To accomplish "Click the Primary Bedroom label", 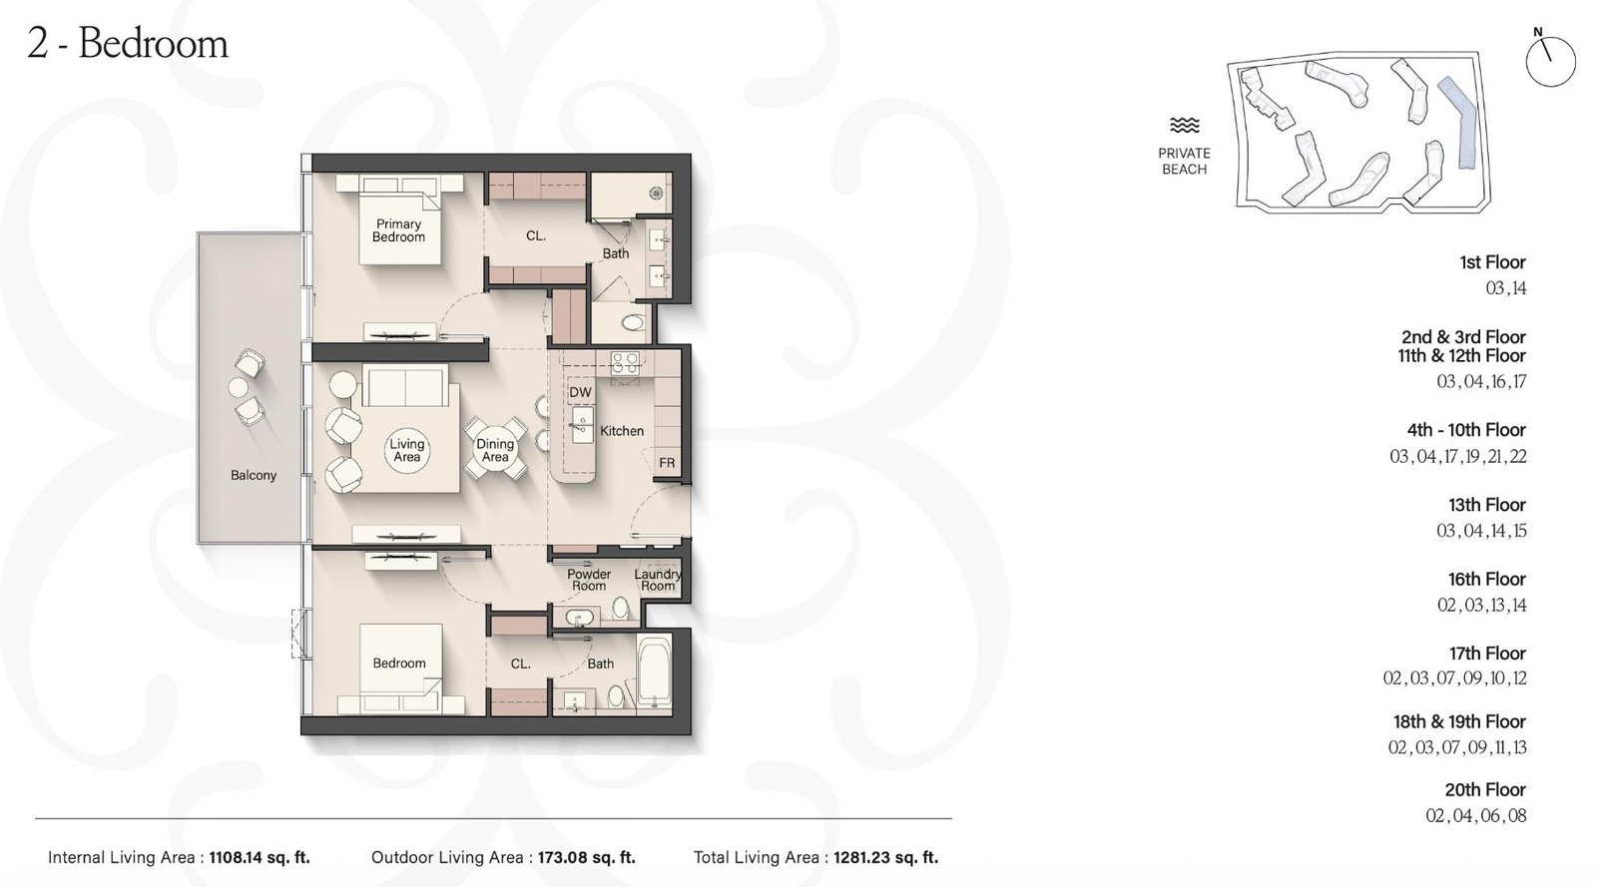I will (x=398, y=230).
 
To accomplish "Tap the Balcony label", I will (x=254, y=475).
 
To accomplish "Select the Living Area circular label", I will (x=407, y=450).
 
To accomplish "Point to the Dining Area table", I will (x=495, y=450).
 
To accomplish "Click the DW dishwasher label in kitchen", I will (x=580, y=392).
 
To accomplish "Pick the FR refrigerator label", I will (x=667, y=463).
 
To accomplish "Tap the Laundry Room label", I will (x=658, y=580).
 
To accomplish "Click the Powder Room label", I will (x=589, y=580).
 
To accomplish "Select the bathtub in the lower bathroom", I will (x=654, y=673).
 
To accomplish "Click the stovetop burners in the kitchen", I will (x=625, y=362).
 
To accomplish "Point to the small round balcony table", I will (x=239, y=387).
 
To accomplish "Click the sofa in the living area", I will (x=404, y=385).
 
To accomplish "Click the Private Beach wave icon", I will (x=1185, y=126).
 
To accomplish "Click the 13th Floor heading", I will (x=1487, y=505).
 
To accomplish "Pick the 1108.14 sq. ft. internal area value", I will (x=260, y=857).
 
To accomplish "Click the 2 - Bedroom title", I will (x=128, y=44).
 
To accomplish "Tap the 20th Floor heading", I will (x=1485, y=789).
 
